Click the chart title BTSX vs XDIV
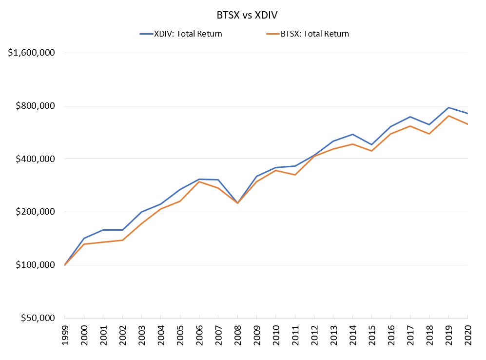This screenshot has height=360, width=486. tap(247, 15)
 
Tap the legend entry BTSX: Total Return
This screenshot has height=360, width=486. tap(315, 34)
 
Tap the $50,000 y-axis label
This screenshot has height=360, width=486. tap(37, 318)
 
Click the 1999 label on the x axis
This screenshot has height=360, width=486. tap(65, 337)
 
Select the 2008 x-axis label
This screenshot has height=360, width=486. tap(237, 337)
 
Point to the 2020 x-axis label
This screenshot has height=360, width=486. tap(468, 337)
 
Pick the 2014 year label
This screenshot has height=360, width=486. tap(353, 337)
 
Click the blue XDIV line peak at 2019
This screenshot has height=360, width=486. tap(448, 107)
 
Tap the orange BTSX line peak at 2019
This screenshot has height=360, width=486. tap(448, 116)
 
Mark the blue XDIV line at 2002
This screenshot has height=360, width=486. tap(122, 230)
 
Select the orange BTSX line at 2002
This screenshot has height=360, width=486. tap(122, 240)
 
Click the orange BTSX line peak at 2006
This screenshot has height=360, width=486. tap(199, 181)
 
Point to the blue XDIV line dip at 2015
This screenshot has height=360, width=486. tap(372, 144)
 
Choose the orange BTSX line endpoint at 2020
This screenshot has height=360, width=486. tap(467, 124)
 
